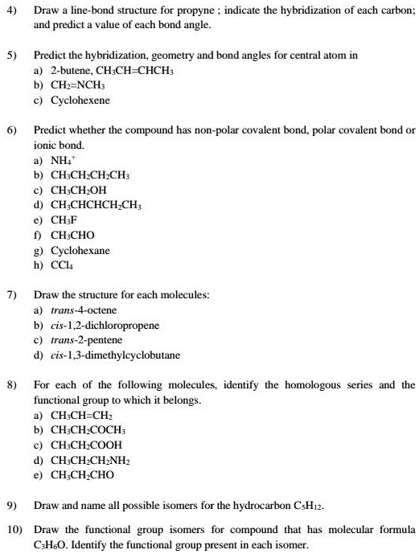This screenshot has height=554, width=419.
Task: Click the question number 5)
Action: (x=11, y=56)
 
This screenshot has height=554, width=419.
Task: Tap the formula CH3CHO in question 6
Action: (x=72, y=235)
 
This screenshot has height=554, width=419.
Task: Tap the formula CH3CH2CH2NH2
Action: (x=91, y=459)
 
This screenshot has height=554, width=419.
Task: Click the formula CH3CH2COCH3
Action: (x=90, y=429)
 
